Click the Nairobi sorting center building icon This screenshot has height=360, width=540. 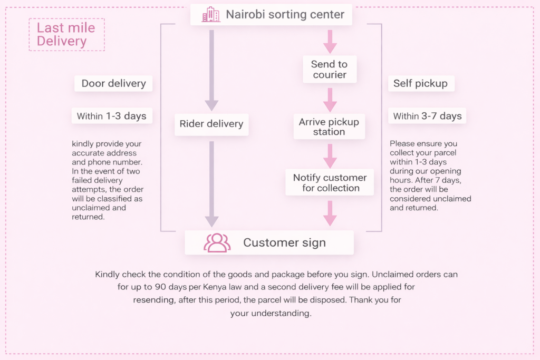(x=211, y=15)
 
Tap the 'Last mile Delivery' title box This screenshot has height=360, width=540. (x=66, y=35)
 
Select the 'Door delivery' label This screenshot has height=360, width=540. (x=113, y=83)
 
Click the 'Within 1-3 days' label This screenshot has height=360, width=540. (x=112, y=116)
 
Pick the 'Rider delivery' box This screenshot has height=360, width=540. (x=211, y=124)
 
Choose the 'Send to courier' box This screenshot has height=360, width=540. (x=329, y=70)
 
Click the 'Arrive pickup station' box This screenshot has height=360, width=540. (x=329, y=127)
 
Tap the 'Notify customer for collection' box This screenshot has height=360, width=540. (x=330, y=182)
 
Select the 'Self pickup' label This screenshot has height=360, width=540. (x=420, y=83)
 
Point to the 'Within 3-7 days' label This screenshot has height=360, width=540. (x=427, y=116)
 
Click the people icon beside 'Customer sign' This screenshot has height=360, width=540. (x=217, y=242)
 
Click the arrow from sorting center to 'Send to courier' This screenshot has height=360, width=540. (x=330, y=41)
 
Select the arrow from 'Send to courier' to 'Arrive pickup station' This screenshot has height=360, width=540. (x=330, y=99)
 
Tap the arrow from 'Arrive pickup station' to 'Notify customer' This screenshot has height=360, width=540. (x=330, y=155)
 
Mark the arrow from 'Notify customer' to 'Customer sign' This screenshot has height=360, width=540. (x=330, y=212)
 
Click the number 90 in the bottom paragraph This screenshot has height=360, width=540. (x=161, y=287)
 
